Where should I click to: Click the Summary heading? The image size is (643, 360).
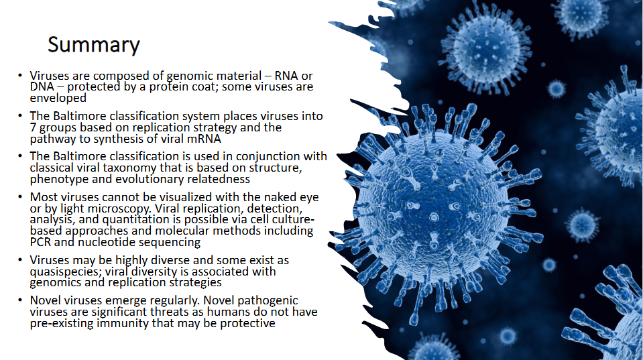pos(93,45)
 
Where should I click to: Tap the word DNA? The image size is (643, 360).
pos(42,86)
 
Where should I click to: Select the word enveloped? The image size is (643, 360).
pos(58,97)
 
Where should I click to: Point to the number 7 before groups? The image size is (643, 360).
pos(33,127)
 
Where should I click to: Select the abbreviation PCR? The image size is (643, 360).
pos(42,242)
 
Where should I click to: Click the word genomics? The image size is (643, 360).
pos(56,283)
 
